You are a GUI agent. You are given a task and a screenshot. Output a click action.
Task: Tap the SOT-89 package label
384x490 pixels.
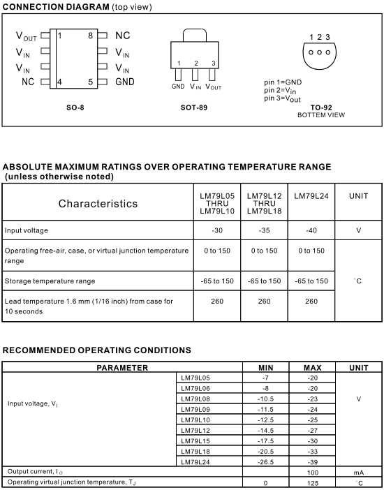point(193,107)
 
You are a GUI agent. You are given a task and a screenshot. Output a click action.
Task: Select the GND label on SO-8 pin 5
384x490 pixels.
point(125,82)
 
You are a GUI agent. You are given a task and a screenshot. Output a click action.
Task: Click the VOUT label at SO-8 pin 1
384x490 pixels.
point(27,36)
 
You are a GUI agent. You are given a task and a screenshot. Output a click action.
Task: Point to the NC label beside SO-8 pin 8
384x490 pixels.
point(122,35)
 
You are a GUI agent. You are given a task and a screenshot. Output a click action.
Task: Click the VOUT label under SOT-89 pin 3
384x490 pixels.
point(214,87)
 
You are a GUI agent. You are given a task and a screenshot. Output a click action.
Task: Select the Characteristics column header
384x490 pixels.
point(98,204)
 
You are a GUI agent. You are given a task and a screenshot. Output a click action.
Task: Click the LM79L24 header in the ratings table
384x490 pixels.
point(311,196)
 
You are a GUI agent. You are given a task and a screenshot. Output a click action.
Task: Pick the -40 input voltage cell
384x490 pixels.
point(311,230)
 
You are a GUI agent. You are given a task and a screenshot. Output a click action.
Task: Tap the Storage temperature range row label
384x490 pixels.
point(50,281)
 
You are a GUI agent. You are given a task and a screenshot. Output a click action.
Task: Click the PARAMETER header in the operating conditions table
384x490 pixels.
point(122,367)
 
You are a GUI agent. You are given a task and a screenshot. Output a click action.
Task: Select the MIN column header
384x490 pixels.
point(265,367)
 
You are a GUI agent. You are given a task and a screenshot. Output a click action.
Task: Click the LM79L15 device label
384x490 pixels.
point(195,441)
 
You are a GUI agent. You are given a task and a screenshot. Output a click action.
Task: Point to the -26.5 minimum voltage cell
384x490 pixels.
point(265,462)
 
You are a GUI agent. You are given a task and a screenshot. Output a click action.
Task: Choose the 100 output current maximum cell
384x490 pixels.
point(312,473)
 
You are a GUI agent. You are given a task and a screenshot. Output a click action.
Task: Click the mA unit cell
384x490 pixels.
point(359,473)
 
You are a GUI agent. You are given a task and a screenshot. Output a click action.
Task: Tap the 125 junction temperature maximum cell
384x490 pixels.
point(312,483)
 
